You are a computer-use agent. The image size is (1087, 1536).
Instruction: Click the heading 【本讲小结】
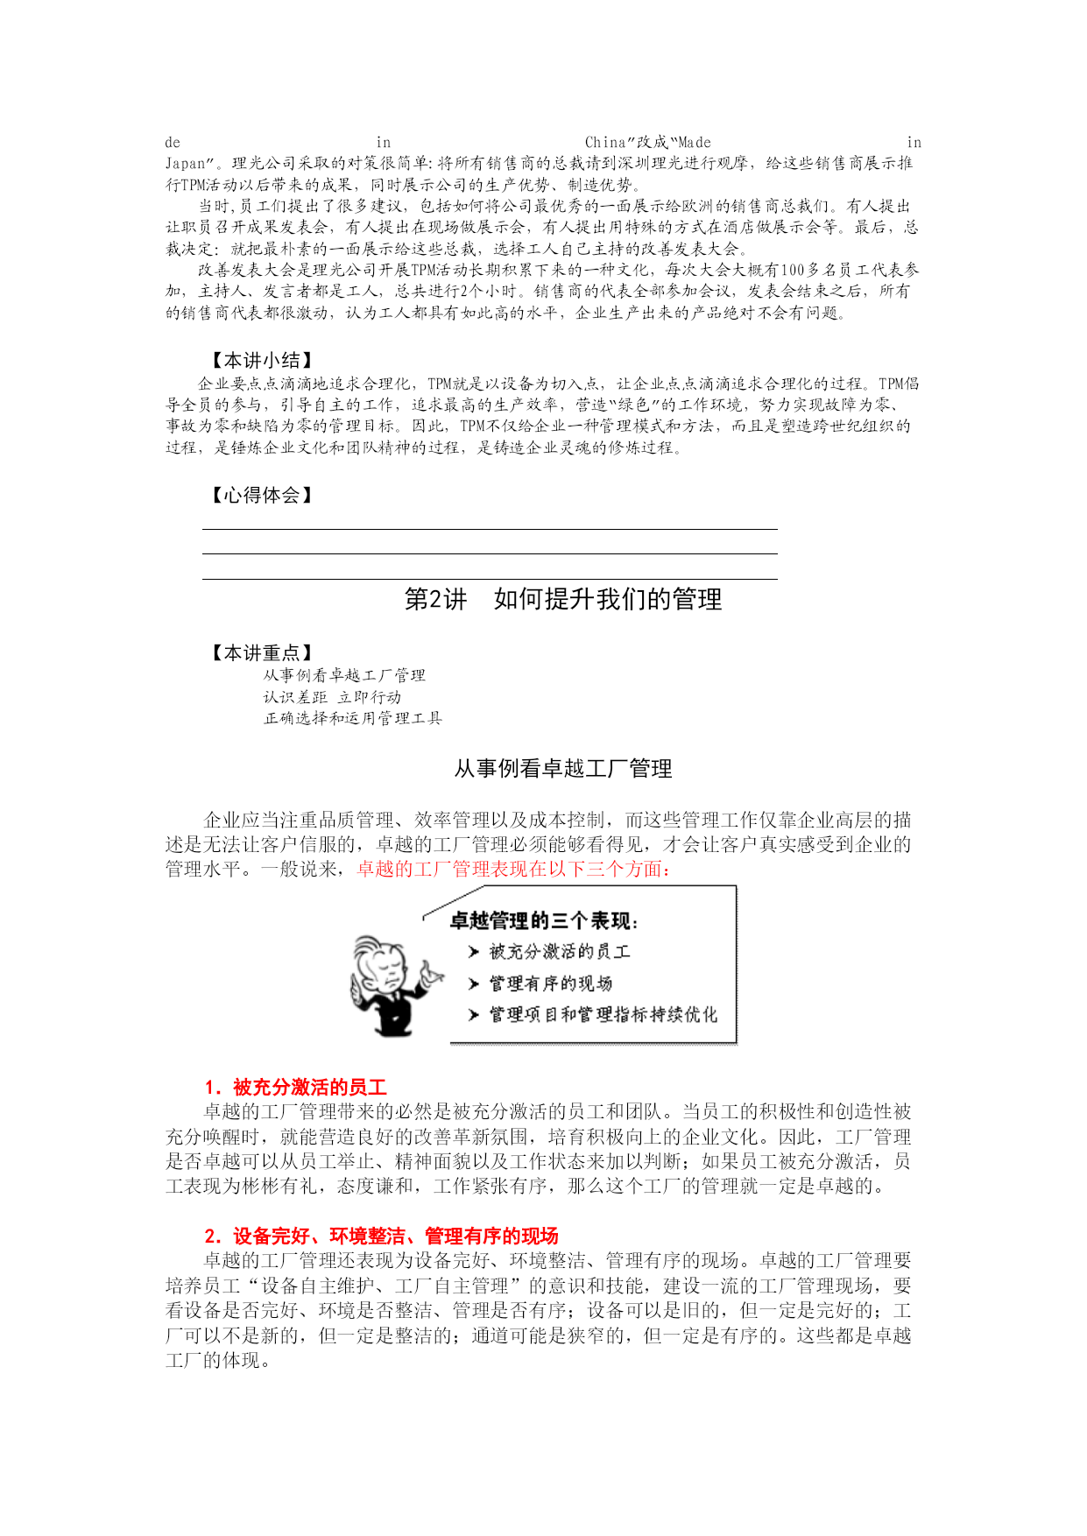point(262,360)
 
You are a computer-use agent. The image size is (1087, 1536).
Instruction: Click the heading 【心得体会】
point(262,496)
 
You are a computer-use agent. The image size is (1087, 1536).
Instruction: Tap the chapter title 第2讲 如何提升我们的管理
point(562,600)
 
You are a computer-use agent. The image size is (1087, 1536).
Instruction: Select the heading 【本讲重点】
point(262,652)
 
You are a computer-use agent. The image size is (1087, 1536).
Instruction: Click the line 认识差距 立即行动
point(332,697)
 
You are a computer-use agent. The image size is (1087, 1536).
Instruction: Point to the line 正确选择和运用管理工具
point(353,718)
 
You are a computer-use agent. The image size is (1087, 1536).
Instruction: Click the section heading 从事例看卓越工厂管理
point(562,769)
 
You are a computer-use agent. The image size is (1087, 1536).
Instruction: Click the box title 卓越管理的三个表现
point(543,920)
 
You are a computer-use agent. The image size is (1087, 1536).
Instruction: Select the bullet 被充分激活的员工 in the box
point(559,952)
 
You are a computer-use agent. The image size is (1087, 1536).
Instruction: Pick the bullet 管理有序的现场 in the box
point(550,983)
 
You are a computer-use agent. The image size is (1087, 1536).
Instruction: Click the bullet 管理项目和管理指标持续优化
point(603,1015)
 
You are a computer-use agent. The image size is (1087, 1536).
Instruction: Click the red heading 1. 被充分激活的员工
point(295,1088)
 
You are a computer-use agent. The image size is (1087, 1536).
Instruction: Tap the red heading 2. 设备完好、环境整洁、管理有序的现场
point(381,1237)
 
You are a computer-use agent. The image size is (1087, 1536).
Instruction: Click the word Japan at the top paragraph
point(185,164)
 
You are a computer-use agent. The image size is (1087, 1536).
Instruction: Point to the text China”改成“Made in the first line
point(647,142)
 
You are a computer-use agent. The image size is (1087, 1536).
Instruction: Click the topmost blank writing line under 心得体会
point(490,529)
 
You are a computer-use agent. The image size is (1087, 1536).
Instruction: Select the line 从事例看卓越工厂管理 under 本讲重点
point(344,675)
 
